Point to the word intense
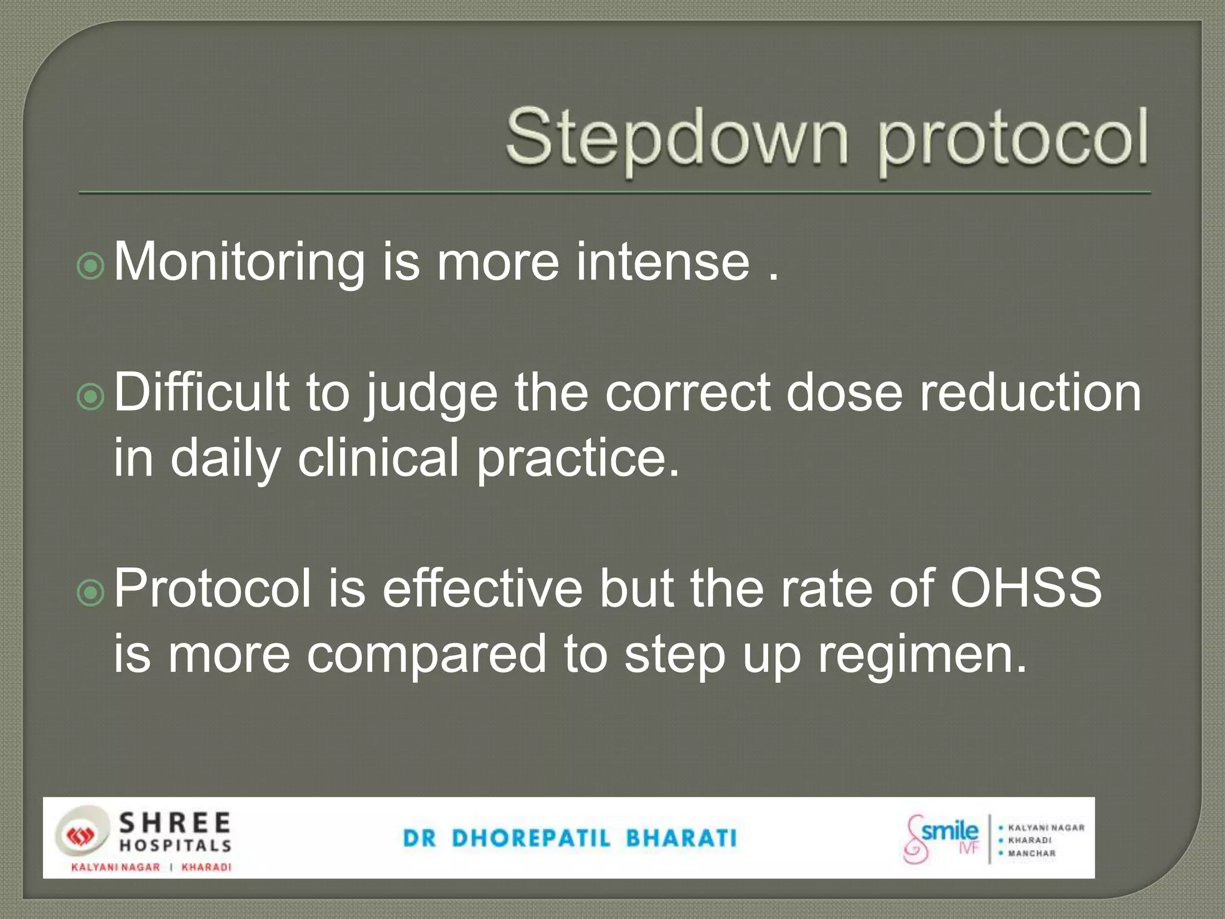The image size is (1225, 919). tap(662, 262)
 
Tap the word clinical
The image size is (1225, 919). tap(378, 458)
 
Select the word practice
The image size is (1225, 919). tap(578, 459)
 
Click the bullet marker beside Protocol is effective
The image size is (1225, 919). tap(91, 592)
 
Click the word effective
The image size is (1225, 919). tap(482, 589)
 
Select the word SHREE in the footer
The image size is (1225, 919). tap(175, 824)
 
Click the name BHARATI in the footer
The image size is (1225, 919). tap(681, 838)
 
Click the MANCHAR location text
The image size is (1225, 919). tap(1032, 853)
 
